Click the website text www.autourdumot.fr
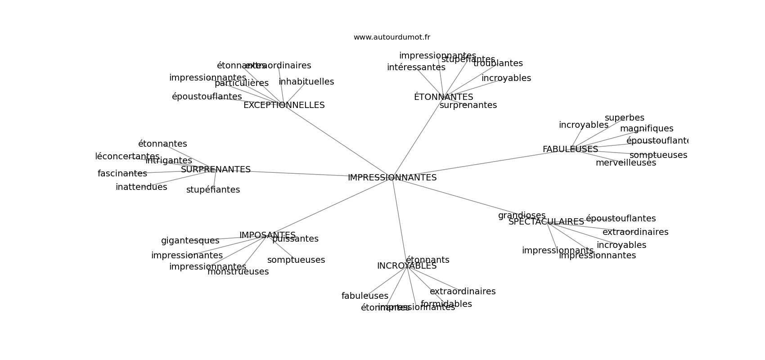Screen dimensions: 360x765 [391, 37]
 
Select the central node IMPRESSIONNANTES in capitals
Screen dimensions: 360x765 [392, 178]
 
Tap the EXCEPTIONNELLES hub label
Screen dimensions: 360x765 [284, 105]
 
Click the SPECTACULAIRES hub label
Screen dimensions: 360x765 [546, 222]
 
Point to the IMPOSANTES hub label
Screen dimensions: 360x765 [267, 235]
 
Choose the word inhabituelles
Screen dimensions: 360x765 [306, 82]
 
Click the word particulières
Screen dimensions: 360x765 [242, 83]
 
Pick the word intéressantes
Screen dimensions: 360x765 [416, 67]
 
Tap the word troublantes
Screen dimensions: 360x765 [498, 63]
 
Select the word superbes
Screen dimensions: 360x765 [624, 118]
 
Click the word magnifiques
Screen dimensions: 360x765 [647, 129]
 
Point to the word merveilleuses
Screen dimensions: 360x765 [625, 163]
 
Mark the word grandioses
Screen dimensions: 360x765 [522, 216]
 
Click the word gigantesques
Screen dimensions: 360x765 [190, 241]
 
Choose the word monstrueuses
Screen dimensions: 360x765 [238, 272]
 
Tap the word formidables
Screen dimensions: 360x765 [446, 304]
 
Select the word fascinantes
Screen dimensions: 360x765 [122, 174]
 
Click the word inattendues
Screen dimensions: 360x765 [141, 187]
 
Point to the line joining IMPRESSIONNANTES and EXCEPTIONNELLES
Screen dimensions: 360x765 [337, 141]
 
